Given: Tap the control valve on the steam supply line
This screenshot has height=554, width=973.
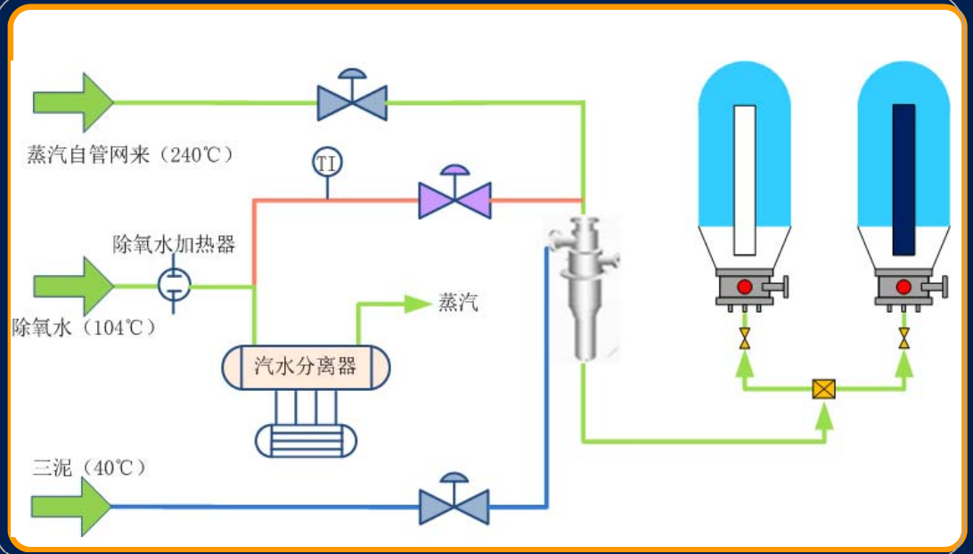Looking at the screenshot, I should click(x=352, y=101).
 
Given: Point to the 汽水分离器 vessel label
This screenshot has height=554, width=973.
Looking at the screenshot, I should click(x=306, y=366).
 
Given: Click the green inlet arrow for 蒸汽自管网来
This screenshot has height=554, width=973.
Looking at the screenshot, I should click(x=73, y=102).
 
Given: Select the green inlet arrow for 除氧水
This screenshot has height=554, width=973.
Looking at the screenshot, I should click(x=73, y=286).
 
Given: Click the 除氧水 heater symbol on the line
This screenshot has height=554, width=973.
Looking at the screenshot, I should click(x=175, y=285).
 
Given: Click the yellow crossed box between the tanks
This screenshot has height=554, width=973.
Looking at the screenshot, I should click(x=824, y=389).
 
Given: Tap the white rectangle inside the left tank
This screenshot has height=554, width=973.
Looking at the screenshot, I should click(x=745, y=179).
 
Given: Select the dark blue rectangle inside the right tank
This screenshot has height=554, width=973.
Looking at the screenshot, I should click(x=903, y=179).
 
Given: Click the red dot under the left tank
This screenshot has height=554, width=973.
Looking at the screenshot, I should click(x=745, y=287).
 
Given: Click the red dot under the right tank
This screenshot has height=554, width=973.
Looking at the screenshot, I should click(x=903, y=287).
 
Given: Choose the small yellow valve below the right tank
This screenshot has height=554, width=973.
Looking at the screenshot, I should click(x=903, y=338).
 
